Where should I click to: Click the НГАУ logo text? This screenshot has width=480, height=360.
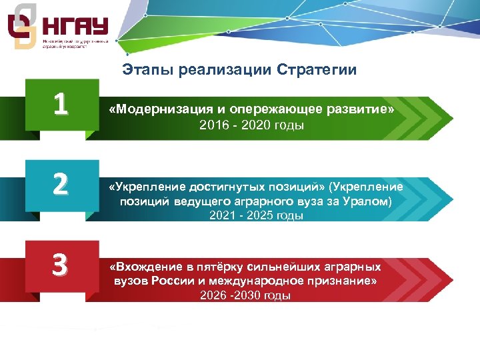tap(75, 28)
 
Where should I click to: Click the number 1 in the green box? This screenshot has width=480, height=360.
tap(61, 104)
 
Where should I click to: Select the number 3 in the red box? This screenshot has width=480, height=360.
tap(61, 265)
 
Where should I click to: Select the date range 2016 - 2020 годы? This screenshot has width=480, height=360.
tap(251, 125)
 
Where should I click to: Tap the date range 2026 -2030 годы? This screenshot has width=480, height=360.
tap(245, 295)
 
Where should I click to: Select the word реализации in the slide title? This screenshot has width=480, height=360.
tap(221, 70)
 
